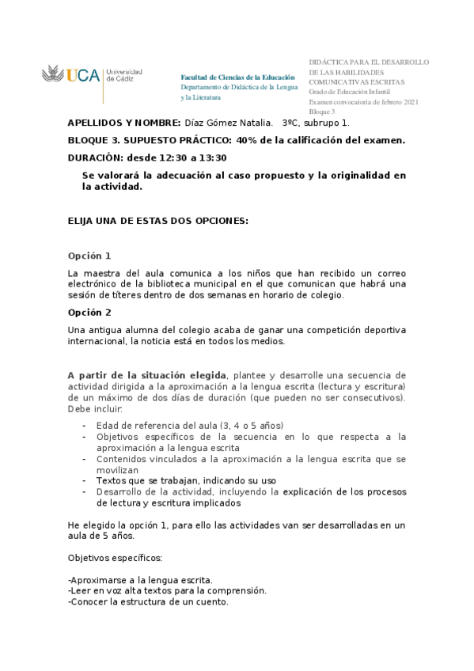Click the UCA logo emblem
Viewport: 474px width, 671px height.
click(52, 76)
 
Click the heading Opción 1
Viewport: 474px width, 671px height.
click(89, 256)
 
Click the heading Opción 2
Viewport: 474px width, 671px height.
click(89, 312)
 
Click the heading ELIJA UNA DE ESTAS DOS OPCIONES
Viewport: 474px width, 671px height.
click(158, 221)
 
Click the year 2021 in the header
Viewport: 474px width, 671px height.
click(410, 102)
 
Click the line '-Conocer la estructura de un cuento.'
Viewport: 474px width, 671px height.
click(148, 602)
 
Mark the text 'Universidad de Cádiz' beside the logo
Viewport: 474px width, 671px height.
click(123, 75)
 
